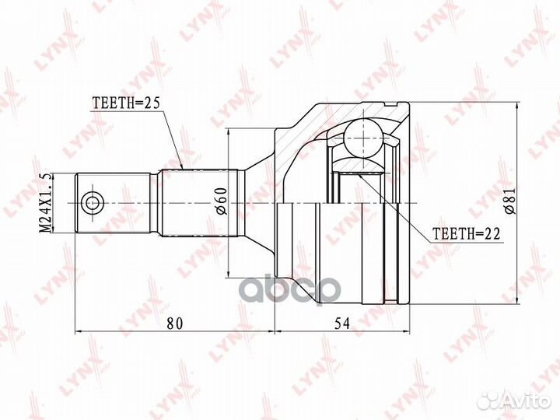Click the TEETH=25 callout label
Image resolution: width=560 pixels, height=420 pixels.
(x=126, y=103)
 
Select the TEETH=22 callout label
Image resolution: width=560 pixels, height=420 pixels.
(x=466, y=234)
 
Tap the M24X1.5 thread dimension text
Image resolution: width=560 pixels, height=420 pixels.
(x=45, y=203)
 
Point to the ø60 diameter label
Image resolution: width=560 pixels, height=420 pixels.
(x=221, y=201)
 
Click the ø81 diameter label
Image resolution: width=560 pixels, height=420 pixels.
(x=511, y=201)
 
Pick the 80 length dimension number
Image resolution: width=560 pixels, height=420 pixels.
(x=175, y=324)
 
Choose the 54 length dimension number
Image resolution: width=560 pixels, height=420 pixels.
(x=342, y=324)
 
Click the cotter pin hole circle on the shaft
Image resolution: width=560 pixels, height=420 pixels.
(x=93, y=203)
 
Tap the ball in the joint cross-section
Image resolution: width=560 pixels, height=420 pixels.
(x=363, y=138)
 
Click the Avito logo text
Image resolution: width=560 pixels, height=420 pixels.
(x=526, y=401)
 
